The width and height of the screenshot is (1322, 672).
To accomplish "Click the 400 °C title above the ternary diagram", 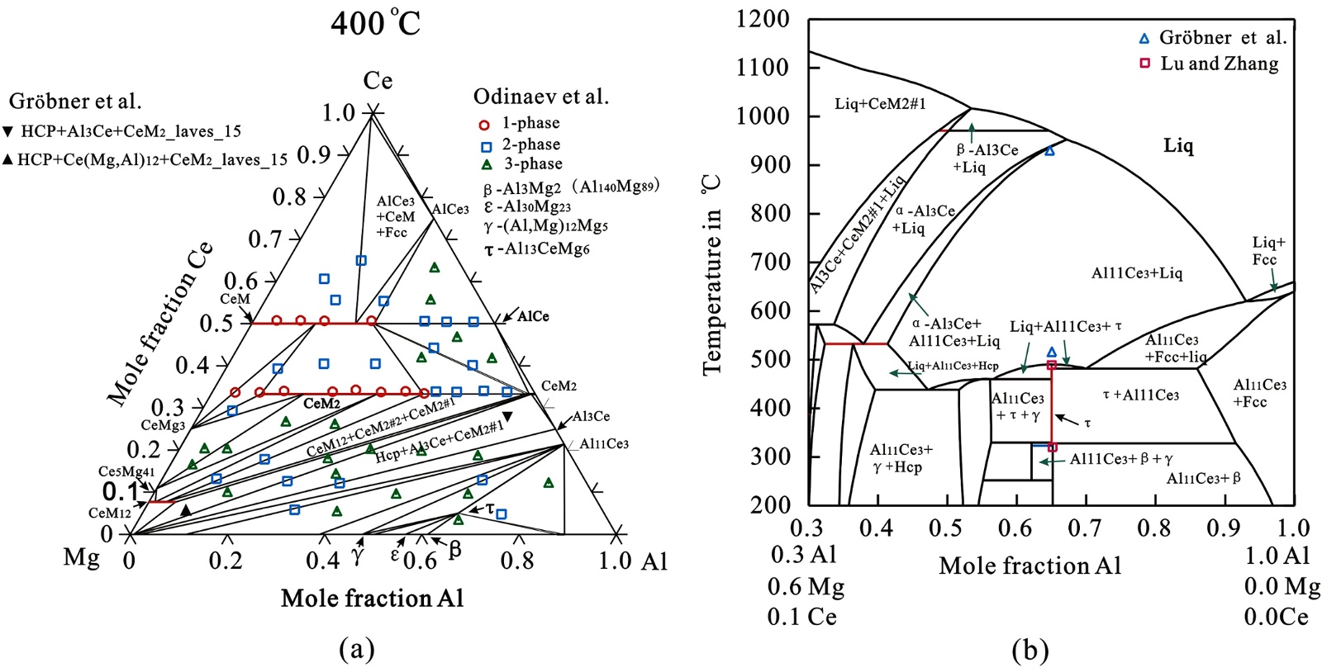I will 375,22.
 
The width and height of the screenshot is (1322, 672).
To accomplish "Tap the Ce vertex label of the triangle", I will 378,80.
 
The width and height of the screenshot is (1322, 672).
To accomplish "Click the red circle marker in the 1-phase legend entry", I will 485,125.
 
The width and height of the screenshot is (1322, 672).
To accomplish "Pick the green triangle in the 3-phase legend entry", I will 486,164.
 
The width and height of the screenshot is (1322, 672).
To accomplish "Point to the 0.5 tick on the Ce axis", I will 216,323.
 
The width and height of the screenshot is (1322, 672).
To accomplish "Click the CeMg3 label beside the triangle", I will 163,425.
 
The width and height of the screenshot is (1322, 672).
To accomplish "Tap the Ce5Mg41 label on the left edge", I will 126,471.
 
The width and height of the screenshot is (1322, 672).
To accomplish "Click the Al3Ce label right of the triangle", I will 591,416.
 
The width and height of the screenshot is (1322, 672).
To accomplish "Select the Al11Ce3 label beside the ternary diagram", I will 603,444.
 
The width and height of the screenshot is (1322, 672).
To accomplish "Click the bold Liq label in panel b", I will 1178,146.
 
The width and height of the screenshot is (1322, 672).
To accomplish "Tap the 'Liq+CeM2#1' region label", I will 880,103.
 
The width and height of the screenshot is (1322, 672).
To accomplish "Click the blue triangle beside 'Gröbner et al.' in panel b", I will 1144,38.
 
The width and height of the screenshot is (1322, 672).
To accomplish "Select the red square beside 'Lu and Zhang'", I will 1144,64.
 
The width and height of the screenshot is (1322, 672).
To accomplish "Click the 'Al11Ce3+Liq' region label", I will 1137,273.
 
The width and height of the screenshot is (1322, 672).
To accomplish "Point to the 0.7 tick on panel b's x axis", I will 1085,528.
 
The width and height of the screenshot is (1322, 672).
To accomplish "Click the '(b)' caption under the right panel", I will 1030,651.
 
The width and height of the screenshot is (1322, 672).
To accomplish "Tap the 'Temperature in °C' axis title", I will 711,276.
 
